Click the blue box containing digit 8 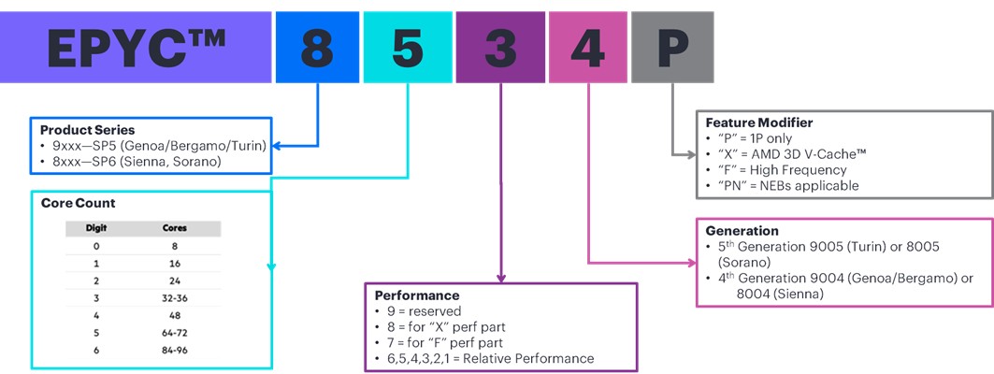317,48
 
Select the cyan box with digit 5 408,48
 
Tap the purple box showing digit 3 501,48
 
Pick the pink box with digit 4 588,48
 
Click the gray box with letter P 672,48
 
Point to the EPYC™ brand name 136,49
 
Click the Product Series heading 88,130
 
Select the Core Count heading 78,204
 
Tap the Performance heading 417,295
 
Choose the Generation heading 742,231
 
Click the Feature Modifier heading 758,122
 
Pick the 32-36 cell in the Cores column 175,298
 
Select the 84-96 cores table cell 175,350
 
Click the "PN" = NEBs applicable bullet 783,186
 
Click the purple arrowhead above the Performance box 501,279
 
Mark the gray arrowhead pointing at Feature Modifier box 692,154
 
